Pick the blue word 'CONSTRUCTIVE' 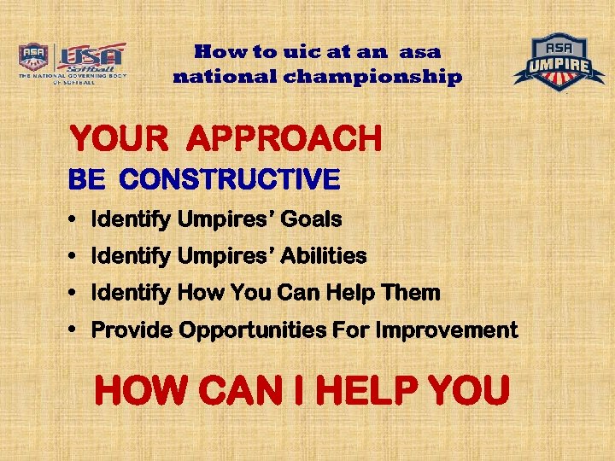pos(230,179)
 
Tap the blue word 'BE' pos(87,179)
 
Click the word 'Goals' pos(312,219)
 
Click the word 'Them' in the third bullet pos(412,293)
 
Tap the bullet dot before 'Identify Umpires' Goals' pos(74,220)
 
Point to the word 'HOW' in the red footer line pos(138,392)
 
